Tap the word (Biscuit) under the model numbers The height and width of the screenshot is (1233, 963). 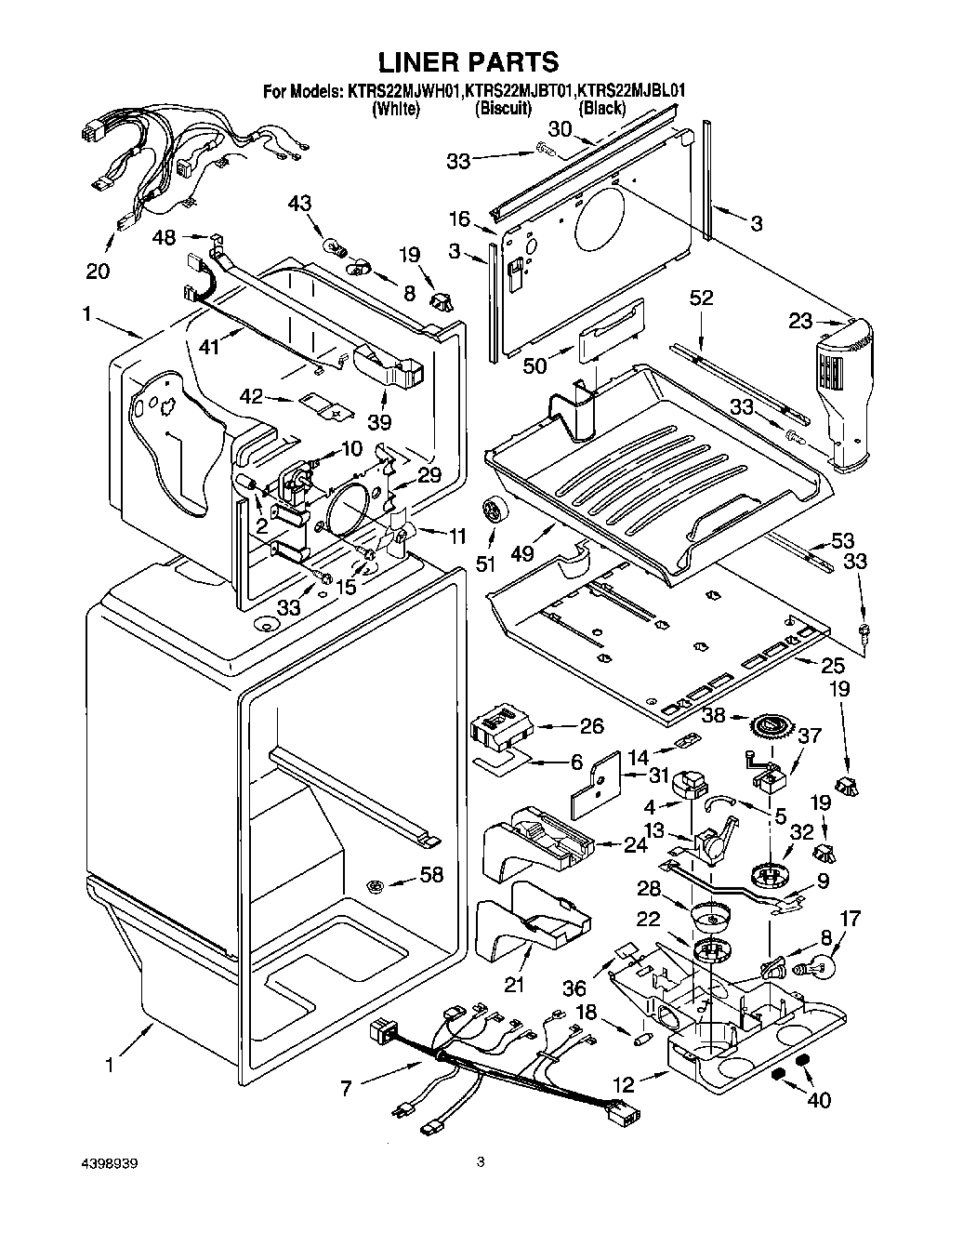tap(504, 109)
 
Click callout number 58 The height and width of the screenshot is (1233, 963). tap(431, 874)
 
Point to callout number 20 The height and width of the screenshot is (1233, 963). tap(98, 272)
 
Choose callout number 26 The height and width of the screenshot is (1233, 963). tap(591, 726)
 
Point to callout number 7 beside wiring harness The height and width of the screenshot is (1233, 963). tap(346, 1086)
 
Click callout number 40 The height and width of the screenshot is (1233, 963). tap(818, 1100)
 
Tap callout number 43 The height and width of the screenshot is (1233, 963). tap(299, 204)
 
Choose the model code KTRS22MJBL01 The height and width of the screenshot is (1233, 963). tap(632, 91)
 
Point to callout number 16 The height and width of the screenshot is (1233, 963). tap(460, 219)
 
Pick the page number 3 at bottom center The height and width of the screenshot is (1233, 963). tap(481, 1161)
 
